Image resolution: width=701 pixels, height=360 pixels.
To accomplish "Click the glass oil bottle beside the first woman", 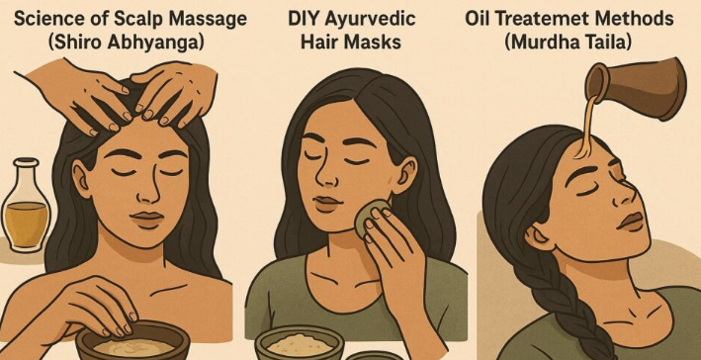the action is pos(26,205).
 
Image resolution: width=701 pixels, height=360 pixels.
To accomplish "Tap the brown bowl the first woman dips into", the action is pos(132,342).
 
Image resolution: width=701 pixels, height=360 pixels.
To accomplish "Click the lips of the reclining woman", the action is pos(632,222).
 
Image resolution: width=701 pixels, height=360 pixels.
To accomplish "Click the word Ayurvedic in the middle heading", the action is pos(371,20).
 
